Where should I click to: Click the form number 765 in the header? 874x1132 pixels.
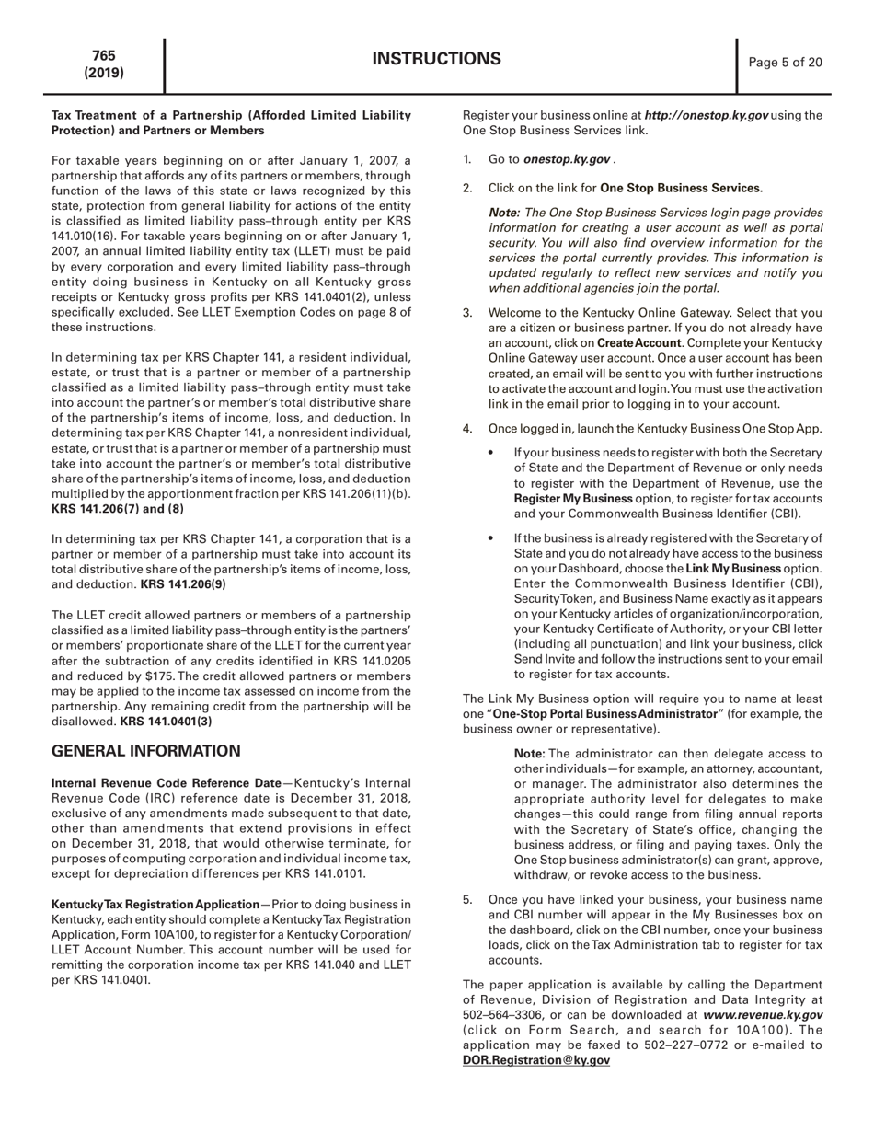click(104, 55)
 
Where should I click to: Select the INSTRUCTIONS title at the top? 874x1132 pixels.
click(437, 60)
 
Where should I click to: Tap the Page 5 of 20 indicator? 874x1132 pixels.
click(786, 63)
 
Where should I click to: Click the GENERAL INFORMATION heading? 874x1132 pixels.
click(145, 751)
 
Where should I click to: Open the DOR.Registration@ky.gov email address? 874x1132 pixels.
click(535, 1060)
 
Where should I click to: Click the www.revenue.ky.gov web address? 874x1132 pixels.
click(763, 1014)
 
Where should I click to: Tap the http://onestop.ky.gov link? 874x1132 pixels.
click(706, 115)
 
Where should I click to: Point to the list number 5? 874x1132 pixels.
click(467, 899)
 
